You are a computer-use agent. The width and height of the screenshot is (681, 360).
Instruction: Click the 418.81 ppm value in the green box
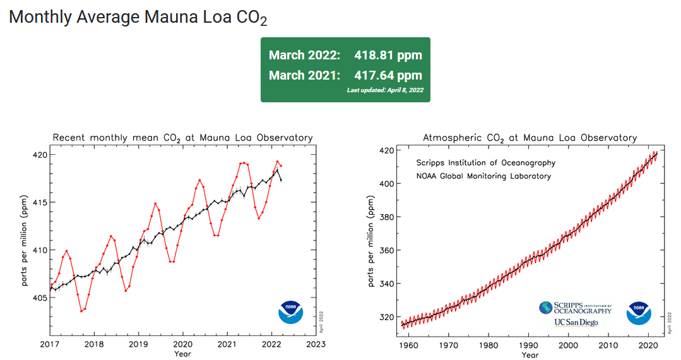click(x=388, y=55)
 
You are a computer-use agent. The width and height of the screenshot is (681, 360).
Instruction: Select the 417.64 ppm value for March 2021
click(x=388, y=76)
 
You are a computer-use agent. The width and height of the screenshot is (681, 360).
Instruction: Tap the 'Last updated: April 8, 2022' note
click(x=384, y=90)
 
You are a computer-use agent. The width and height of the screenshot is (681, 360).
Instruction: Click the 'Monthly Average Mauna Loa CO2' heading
click(x=138, y=17)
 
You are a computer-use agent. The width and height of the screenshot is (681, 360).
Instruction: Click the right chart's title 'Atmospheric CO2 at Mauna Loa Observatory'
click(x=530, y=138)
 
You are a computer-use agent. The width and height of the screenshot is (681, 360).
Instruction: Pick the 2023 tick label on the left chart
click(x=316, y=344)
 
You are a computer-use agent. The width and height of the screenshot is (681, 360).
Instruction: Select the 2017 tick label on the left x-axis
click(x=50, y=344)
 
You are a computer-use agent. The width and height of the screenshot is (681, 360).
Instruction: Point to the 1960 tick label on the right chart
click(x=409, y=345)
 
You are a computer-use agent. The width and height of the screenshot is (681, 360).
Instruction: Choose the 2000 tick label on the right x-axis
click(x=569, y=345)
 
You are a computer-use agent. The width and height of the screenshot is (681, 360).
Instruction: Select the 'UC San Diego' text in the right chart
click(x=575, y=322)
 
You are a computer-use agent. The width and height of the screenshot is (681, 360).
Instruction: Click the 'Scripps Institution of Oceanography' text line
click(x=485, y=163)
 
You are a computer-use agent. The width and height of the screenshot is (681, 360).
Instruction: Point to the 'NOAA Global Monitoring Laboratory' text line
click(x=483, y=176)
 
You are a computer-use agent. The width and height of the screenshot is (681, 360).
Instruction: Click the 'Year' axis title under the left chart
click(x=182, y=354)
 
